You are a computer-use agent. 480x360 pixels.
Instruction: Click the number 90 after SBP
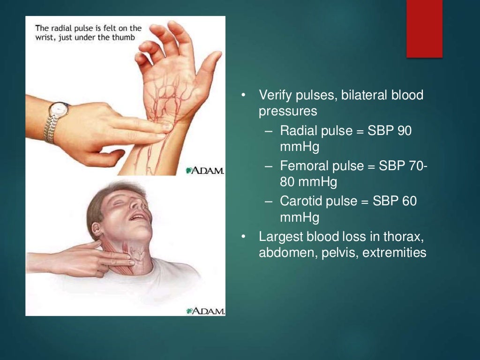[405, 131]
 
